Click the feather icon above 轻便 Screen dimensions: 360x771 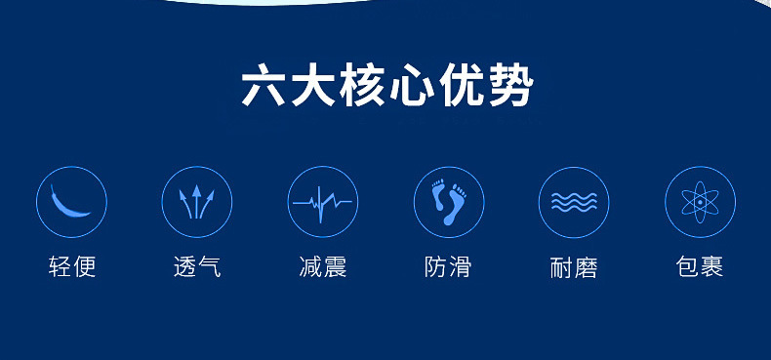pos(71,202)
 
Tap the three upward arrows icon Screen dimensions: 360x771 pos(197,202)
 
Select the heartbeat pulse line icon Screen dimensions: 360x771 pos(322,202)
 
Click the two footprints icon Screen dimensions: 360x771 pos(448,202)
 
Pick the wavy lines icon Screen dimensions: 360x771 pos(574,202)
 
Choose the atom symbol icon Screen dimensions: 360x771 pos(699,202)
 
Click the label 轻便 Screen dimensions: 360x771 pos(72,265)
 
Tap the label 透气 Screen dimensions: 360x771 pos(197,265)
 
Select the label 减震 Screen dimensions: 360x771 pos(322,265)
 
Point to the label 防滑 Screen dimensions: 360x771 pos(448,265)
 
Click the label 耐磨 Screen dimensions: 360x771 pos(574,266)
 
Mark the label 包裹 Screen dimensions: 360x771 pos(699,265)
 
